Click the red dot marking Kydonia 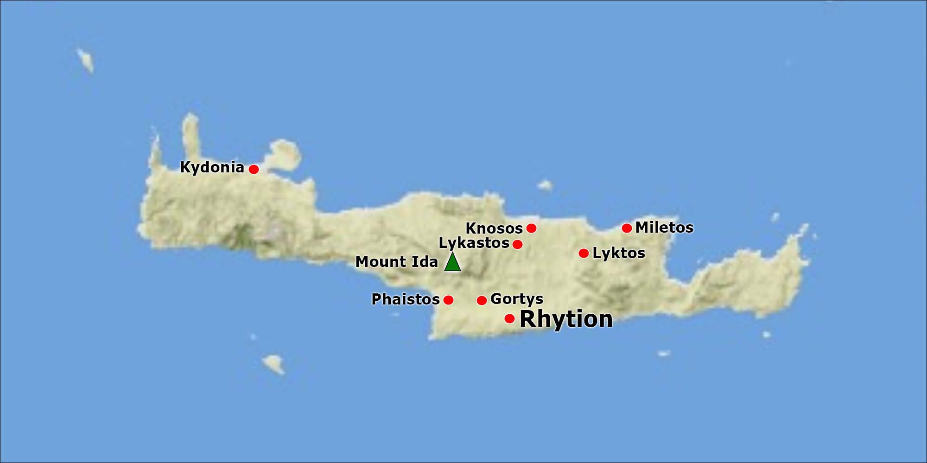(x=254, y=169)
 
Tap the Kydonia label (x=212, y=167)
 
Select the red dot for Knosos (x=532, y=228)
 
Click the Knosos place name (x=494, y=228)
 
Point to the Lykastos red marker (x=518, y=244)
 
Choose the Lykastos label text (x=474, y=243)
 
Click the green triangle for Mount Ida (x=452, y=263)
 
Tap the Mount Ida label (x=396, y=262)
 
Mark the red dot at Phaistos (x=448, y=300)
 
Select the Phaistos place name (x=406, y=299)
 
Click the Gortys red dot (x=482, y=300)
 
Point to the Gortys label (x=517, y=299)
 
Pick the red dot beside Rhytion (x=509, y=318)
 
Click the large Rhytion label (x=566, y=319)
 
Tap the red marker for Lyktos (x=584, y=253)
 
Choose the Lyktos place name (x=619, y=253)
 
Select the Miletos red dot (x=627, y=228)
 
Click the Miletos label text (x=664, y=228)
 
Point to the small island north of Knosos (x=545, y=185)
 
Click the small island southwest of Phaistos (x=273, y=363)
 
